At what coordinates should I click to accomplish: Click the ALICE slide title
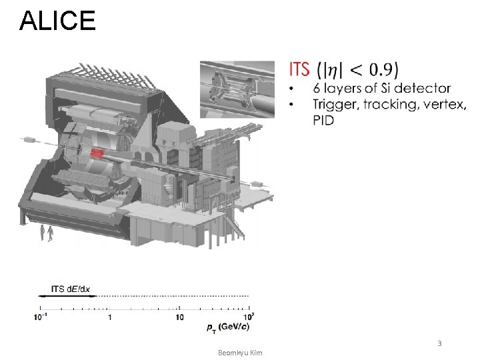click(x=57, y=21)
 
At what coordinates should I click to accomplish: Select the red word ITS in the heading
click(x=299, y=69)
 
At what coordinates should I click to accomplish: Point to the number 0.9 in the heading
click(x=381, y=69)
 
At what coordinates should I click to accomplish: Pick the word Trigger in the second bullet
click(x=335, y=105)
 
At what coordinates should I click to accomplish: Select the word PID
click(x=323, y=120)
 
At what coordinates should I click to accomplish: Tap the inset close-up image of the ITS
click(x=237, y=89)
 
